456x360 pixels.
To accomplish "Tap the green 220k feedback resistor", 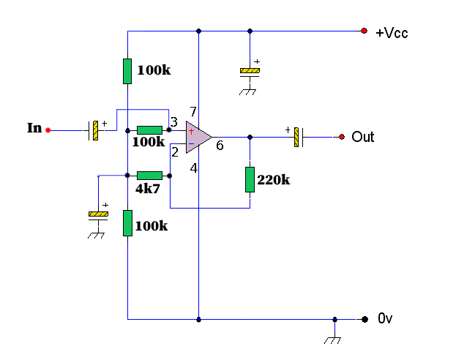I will [x=250, y=179].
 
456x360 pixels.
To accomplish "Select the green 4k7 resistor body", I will [x=149, y=176].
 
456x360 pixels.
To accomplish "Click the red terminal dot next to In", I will [x=48, y=130].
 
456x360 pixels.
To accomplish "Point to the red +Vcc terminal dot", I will [x=364, y=31].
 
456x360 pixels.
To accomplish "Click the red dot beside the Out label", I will [x=341, y=137].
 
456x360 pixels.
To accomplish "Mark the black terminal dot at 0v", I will [x=364, y=319].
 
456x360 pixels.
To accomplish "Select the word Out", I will [x=362, y=137].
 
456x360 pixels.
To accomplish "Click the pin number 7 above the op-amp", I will [x=193, y=111].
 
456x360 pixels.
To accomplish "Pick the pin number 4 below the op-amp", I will [x=194, y=168].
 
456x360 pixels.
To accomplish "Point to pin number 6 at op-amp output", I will [x=219, y=146].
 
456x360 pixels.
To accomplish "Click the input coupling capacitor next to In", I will [x=94, y=130].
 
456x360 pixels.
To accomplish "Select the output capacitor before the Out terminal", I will [x=298, y=137].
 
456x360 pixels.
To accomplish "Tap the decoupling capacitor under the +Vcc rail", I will [x=250, y=72].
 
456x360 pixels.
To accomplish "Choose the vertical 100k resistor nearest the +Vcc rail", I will [x=127, y=71].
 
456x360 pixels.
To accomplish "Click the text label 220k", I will [x=274, y=180].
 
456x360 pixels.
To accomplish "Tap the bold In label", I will [x=34, y=128].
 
